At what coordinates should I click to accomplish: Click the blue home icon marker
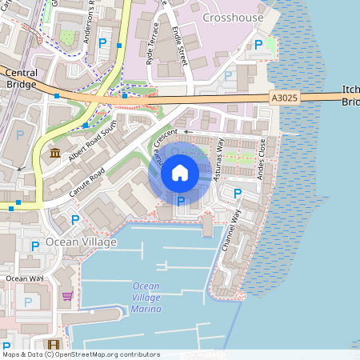pyautogui.click(x=180, y=173)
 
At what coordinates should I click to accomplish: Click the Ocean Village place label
pyautogui.click(x=81, y=242)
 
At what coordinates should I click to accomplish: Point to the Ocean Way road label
pyautogui.click(x=25, y=278)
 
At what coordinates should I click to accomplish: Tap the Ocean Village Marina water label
pyautogui.click(x=146, y=298)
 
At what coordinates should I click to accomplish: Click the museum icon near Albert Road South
pyautogui.click(x=54, y=153)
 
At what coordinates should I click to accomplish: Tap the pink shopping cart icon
pyautogui.click(x=68, y=296)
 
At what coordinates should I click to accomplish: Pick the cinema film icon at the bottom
pyautogui.click(x=53, y=344)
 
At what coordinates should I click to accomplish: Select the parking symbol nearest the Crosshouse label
pyautogui.click(x=258, y=46)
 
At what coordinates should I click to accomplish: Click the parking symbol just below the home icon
pyautogui.click(x=181, y=201)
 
